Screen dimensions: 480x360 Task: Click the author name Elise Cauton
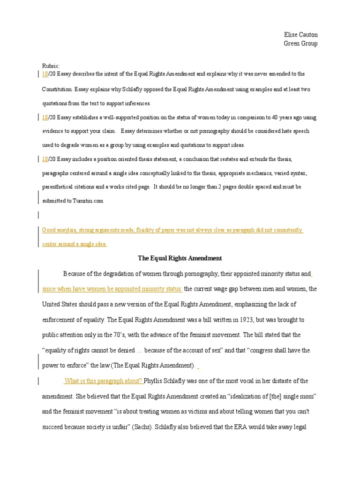point(300,35)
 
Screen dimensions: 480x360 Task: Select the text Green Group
point(300,44)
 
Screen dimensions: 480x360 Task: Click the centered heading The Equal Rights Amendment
point(180,258)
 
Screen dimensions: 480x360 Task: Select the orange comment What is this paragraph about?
point(104,381)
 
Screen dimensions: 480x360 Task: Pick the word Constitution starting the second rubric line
point(57,89)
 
